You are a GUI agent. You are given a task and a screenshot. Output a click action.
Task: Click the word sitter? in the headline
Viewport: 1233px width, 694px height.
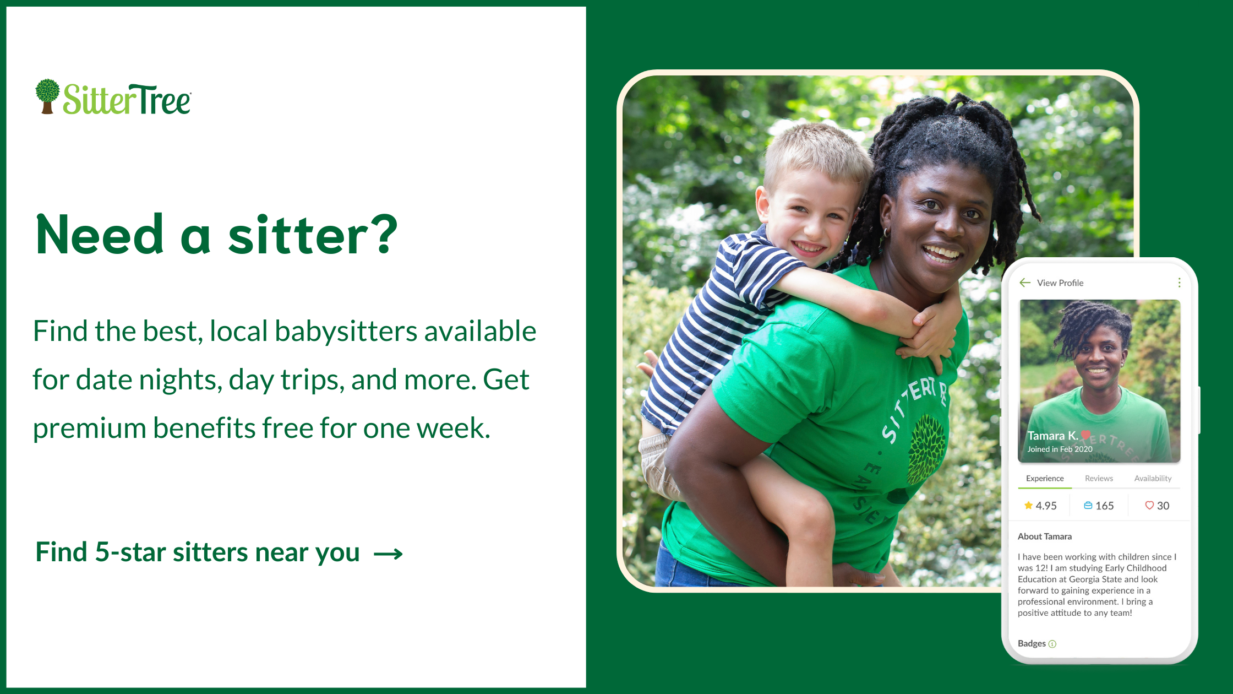[312, 235]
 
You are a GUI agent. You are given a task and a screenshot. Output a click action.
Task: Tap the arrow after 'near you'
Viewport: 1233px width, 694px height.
[388, 554]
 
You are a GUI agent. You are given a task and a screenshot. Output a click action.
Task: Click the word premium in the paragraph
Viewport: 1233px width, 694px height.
[89, 429]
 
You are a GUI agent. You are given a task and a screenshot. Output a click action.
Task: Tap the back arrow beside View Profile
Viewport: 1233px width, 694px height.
[1025, 283]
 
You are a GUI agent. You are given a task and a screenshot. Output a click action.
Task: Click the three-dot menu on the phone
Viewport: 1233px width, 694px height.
[1179, 283]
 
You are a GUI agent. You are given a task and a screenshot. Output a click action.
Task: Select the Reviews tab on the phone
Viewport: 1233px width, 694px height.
[1099, 478]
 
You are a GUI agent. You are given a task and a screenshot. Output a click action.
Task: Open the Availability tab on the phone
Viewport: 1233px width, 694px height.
[1153, 478]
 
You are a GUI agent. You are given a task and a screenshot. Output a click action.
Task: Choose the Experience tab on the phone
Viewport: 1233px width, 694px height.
[1045, 478]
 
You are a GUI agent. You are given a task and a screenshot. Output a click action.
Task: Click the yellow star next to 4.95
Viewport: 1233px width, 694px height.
[1028, 505]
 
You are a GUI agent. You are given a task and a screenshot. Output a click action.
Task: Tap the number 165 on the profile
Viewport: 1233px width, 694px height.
[1104, 506]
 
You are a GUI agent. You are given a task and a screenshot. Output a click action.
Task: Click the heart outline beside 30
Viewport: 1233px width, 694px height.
[1149, 505]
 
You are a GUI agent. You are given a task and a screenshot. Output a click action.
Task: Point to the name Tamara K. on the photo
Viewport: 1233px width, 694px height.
[1052, 436]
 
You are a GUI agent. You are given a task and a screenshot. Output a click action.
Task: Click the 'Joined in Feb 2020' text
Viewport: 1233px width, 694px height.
[1060, 449]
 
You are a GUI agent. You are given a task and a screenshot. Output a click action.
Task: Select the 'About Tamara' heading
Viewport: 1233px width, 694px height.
[1045, 536]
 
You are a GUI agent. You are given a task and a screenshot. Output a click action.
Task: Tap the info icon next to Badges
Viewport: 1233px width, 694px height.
[1052, 644]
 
